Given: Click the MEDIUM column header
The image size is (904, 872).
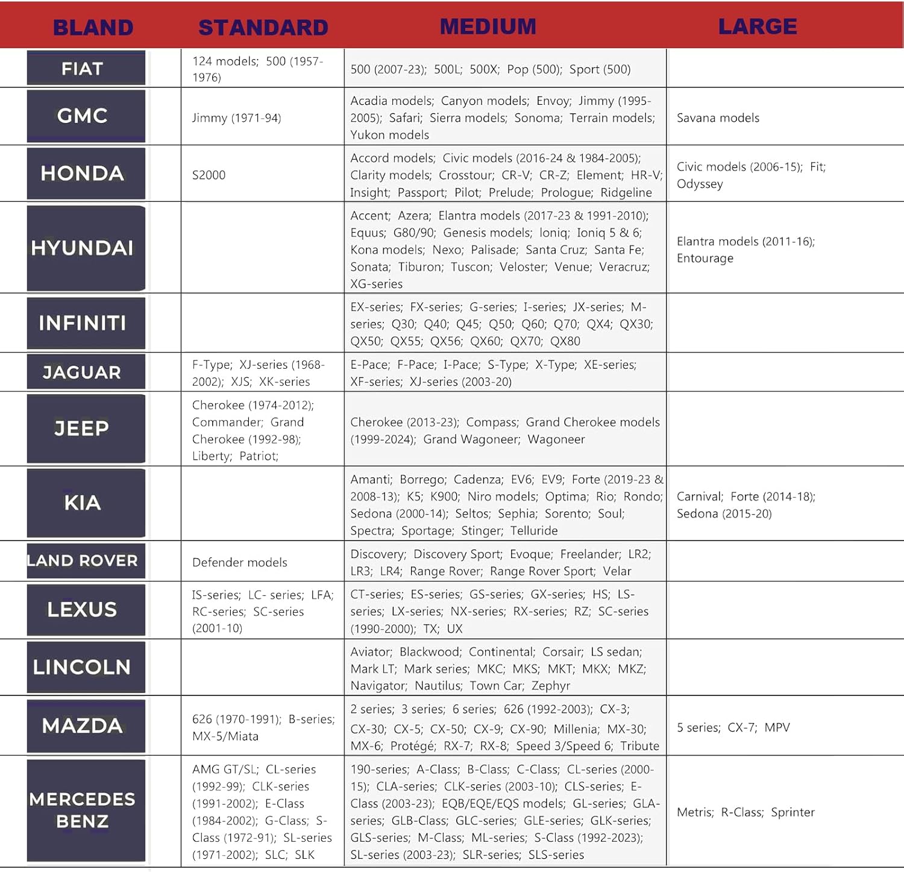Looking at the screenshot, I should click(488, 27).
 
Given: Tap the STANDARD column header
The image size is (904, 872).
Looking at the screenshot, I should click(263, 28).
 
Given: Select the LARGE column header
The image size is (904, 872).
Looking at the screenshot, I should click(758, 27).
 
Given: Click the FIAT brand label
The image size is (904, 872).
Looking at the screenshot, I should click(83, 69).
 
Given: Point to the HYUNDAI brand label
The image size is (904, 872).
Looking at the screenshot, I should click(83, 248).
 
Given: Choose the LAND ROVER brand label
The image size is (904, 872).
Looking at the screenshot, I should click(83, 560).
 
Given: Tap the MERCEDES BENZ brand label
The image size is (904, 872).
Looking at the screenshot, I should click(83, 810).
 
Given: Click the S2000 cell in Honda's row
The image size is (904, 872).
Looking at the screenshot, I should click(209, 175).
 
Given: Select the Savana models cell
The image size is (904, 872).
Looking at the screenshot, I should click(718, 118).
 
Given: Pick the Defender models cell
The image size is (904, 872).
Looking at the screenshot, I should click(239, 562).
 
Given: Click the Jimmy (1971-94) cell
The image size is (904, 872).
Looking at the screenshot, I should click(236, 118).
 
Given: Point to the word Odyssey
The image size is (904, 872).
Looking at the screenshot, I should click(700, 184).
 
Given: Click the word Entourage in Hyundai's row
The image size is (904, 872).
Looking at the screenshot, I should click(705, 259).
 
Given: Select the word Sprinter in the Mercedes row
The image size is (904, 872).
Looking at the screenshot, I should click(793, 812).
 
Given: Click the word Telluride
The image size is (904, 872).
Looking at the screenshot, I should click(534, 531).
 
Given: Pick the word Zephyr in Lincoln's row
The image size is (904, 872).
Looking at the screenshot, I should click(551, 686).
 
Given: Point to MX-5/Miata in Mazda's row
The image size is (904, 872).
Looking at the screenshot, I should click(225, 736).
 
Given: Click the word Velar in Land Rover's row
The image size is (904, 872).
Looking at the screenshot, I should click(617, 571).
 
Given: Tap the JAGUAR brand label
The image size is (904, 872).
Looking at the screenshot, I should click(83, 372).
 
